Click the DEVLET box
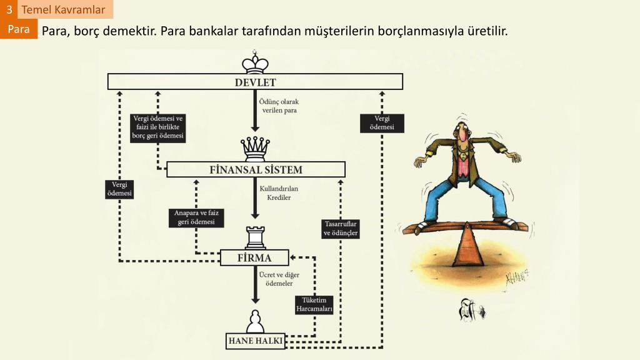(x=255, y=82)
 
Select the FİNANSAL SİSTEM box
(x=256, y=169)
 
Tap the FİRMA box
(x=254, y=257)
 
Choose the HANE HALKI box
(x=255, y=341)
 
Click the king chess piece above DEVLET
(x=255, y=62)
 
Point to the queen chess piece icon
(x=255, y=149)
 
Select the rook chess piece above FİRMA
(x=255, y=237)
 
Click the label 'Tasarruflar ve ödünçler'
(x=341, y=229)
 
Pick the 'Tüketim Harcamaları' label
(x=314, y=304)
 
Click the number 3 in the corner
(x=9, y=9)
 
